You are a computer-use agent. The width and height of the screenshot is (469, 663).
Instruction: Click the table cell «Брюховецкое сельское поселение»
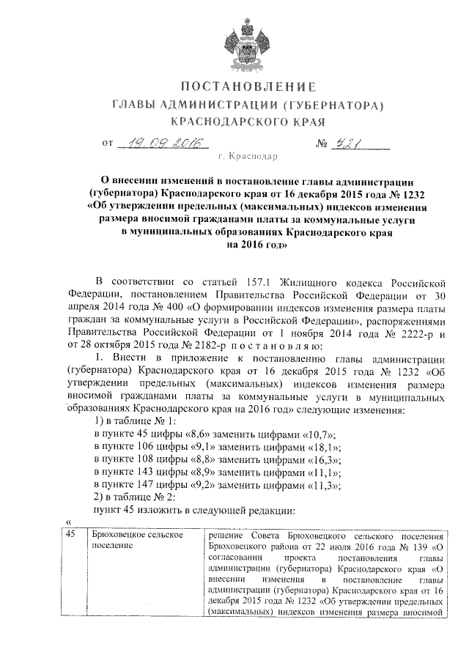(x=135, y=541)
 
